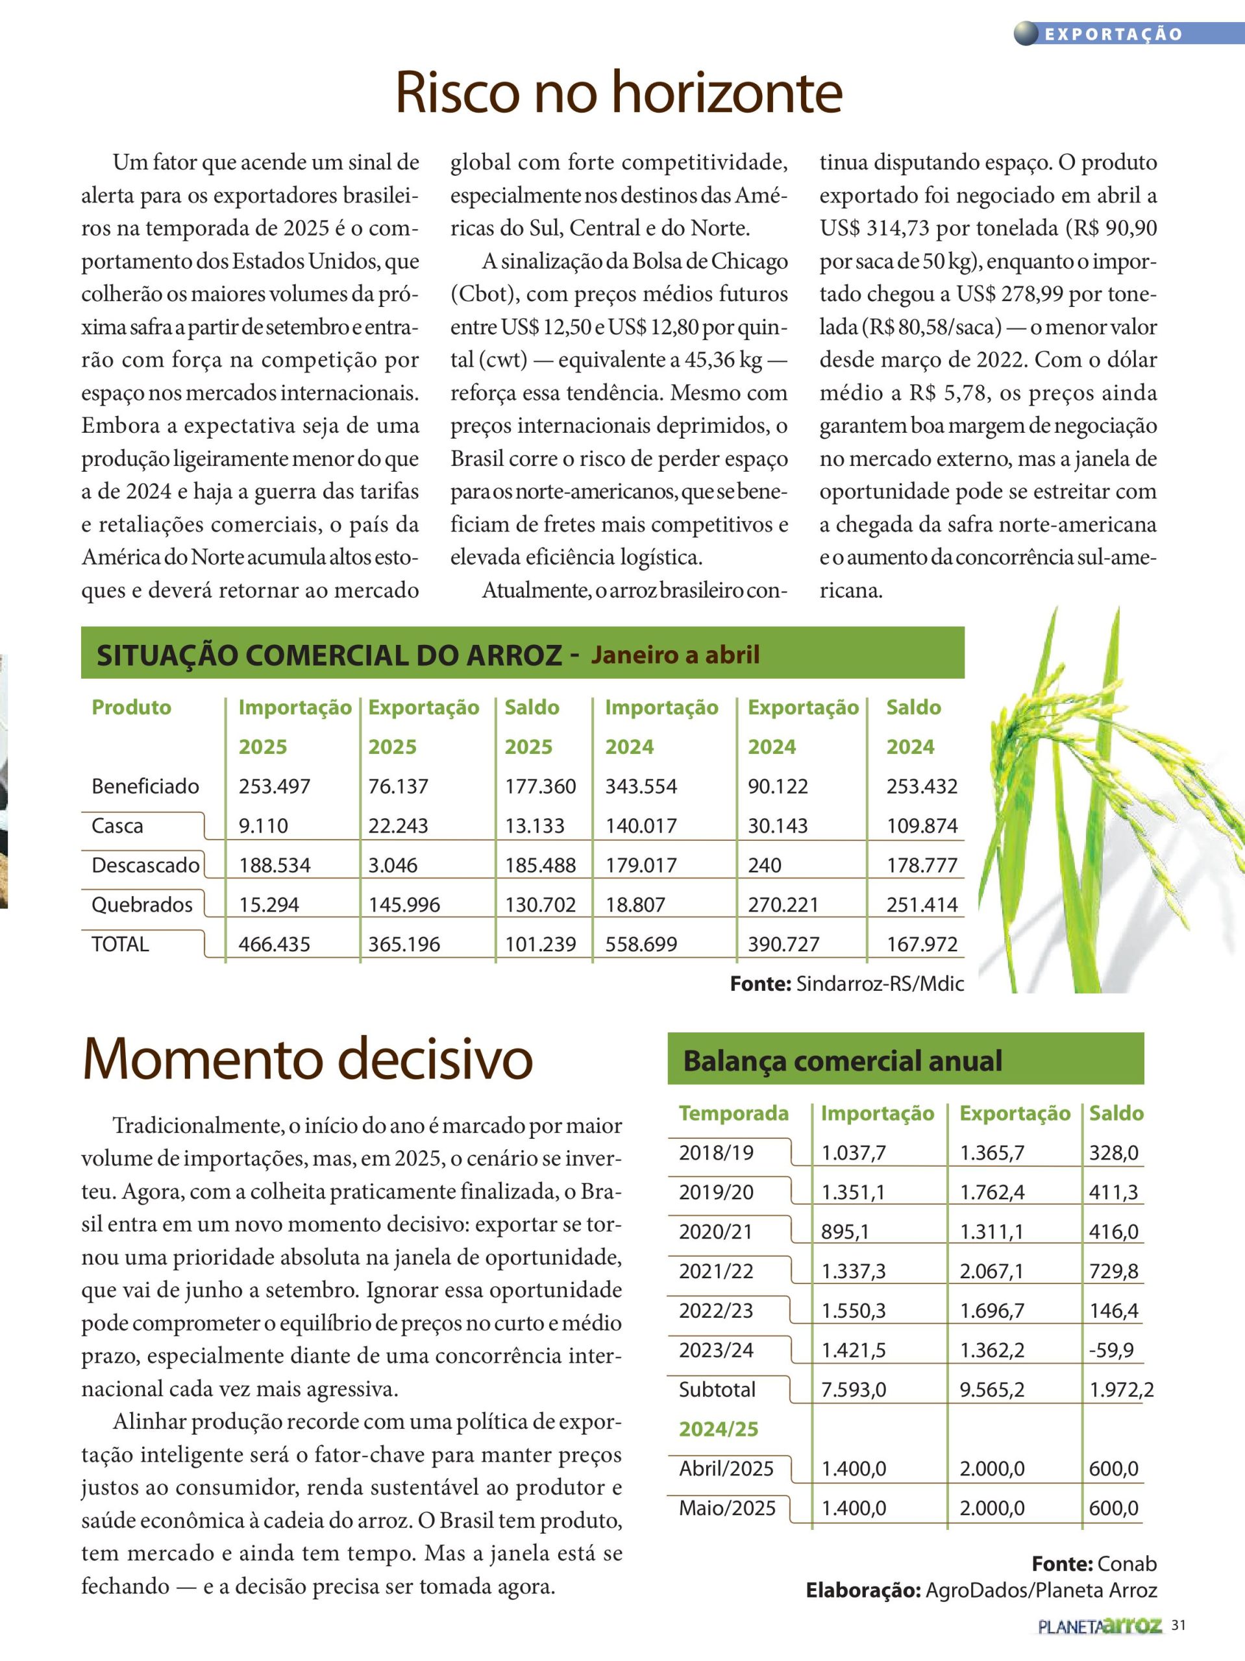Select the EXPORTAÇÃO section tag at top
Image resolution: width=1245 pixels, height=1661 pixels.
(1113, 34)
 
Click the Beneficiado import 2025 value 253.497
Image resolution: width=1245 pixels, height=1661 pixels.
(274, 786)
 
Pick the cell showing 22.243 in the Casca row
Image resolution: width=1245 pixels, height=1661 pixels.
(397, 826)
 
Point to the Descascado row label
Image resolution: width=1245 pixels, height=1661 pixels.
(145, 865)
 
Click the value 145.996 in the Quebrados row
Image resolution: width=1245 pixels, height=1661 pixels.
(404, 905)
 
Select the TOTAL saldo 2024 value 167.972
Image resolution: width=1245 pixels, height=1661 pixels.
(922, 944)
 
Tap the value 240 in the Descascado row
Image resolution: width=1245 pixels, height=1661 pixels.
(764, 865)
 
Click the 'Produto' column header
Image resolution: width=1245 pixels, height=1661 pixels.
(132, 707)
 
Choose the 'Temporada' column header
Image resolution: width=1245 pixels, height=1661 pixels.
(733, 1113)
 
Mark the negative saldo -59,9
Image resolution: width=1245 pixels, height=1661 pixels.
(1111, 1350)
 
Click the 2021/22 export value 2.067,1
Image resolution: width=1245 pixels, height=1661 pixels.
(992, 1271)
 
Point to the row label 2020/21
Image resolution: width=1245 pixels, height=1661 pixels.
(716, 1231)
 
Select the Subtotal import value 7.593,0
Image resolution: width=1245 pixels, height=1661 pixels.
(854, 1389)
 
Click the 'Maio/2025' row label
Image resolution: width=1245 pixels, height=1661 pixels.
(726, 1508)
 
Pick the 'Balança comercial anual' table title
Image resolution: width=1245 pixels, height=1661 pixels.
(843, 1061)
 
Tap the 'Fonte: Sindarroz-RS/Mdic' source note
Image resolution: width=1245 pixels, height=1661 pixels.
(847, 984)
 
